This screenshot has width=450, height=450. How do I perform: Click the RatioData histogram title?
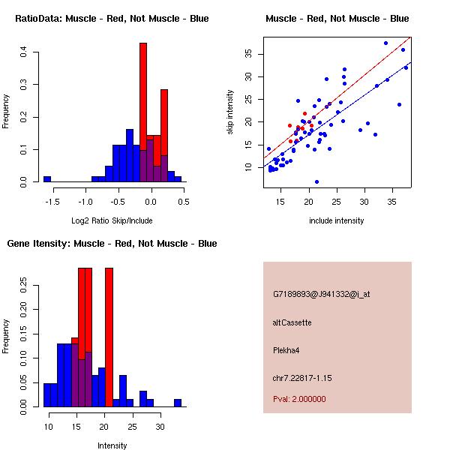(x=112, y=18)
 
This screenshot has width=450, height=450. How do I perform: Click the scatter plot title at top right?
(x=337, y=18)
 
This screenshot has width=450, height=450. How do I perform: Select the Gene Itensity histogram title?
(x=112, y=243)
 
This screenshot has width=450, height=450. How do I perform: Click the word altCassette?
(x=292, y=322)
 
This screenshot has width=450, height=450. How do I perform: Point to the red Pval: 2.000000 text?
(x=299, y=399)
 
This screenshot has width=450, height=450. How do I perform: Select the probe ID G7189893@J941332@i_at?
(x=321, y=294)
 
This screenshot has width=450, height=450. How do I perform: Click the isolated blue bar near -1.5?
(x=46, y=179)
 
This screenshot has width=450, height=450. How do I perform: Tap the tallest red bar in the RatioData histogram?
(x=143, y=112)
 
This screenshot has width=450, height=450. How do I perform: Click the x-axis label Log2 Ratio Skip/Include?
(x=112, y=220)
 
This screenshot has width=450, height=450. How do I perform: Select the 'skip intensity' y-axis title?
(x=230, y=112)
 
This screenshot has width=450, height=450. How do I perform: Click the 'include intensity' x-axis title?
(x=337, y=220)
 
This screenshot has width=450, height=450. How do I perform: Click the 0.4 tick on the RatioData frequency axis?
(x=24, y=52)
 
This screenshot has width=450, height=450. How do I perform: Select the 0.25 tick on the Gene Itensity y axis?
(x=24, y=284)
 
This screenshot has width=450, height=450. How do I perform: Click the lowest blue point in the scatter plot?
(x=316, y=181)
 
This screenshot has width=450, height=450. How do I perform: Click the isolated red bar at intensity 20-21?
(x=109, y=337)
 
